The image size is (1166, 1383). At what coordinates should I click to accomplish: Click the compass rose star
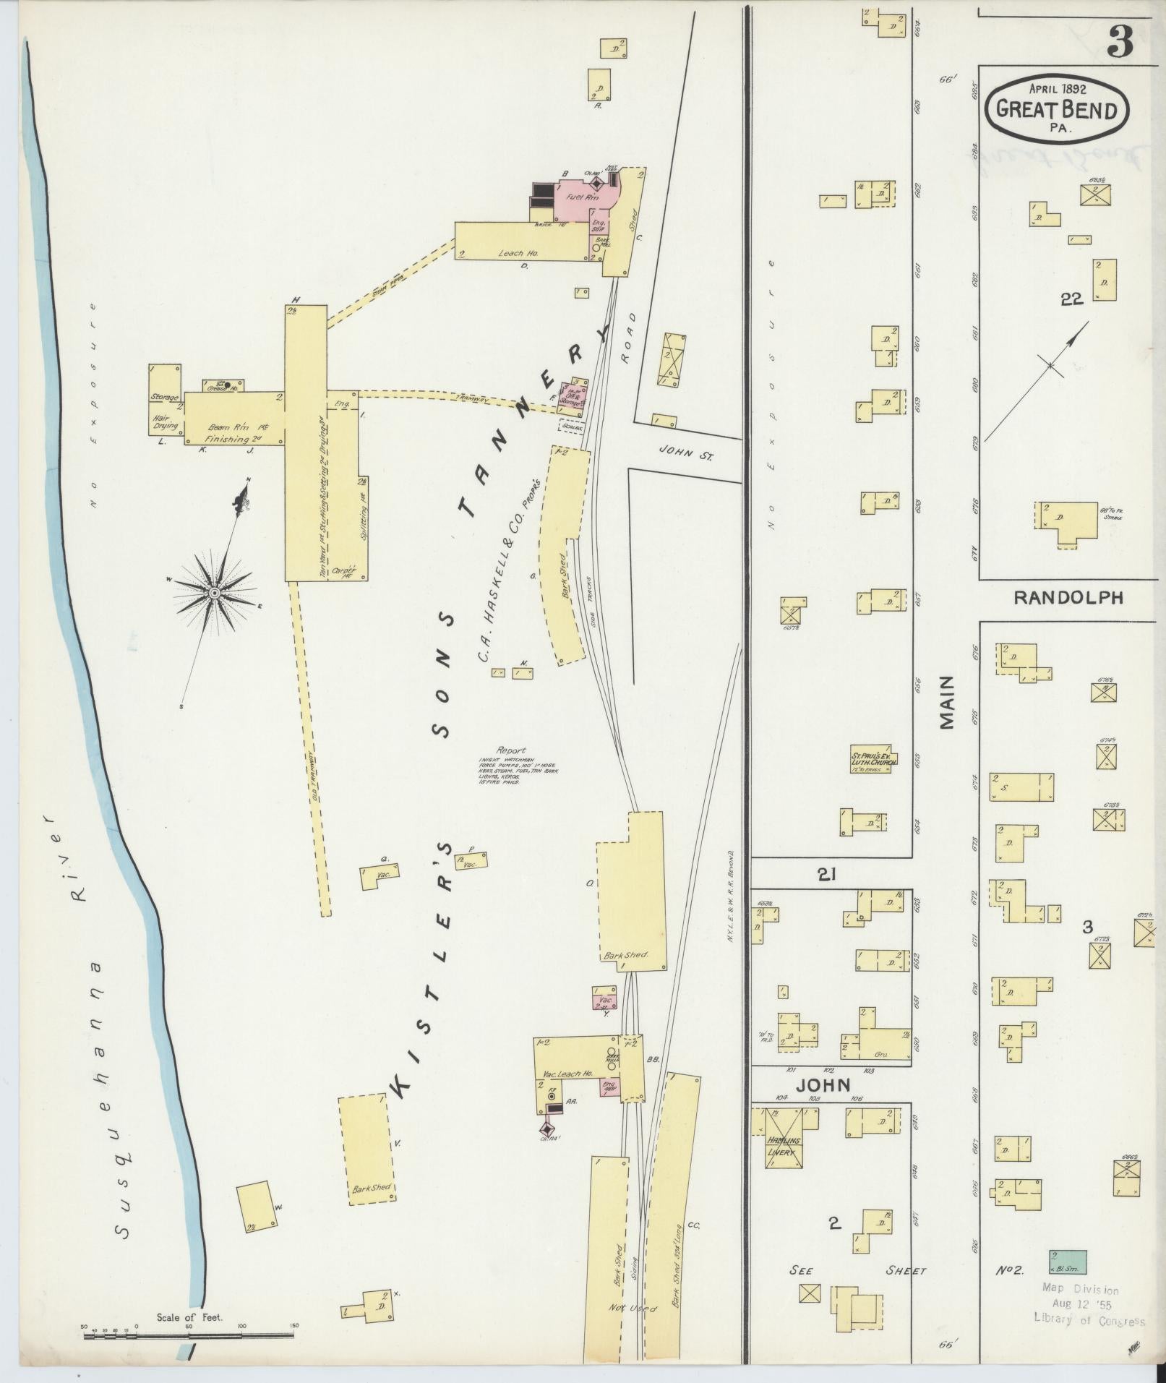pos(214,592)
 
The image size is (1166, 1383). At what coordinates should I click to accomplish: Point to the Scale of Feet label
pos(190,1317)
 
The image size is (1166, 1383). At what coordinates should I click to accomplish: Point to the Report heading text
pos(510,750)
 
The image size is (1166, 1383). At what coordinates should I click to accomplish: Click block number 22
pos(1071,299)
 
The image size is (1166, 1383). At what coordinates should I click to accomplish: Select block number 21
pos(827,874)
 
